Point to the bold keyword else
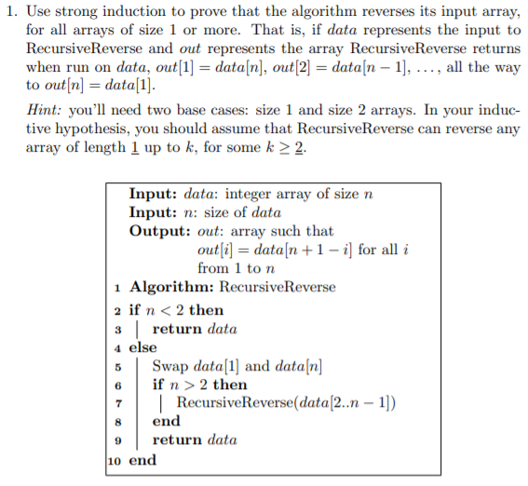(143, 347)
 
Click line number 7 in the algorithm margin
(118, 403)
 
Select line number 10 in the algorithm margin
(114, 460)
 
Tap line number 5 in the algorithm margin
(118, 366)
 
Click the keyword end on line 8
(166, 422)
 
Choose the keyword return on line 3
(177, 329)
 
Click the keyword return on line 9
(177, 440)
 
